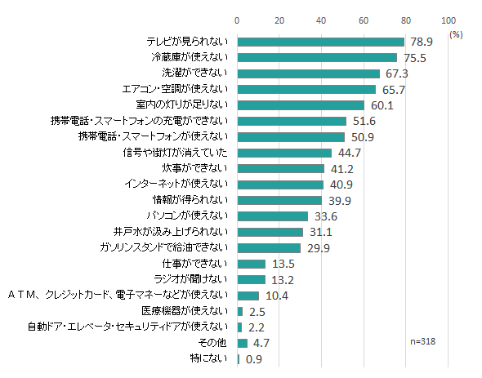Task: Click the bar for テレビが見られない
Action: point(320,42)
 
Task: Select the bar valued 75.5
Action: point(317,57)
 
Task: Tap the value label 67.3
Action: point(396,73)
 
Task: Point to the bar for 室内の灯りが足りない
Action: point(301,105)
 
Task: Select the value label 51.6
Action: point(364,121)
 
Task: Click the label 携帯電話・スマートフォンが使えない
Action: point(156,136)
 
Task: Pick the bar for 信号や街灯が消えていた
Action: point(284,153)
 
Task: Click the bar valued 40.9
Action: point(280,185)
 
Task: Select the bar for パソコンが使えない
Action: point(272,216)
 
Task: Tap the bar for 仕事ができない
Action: point(251,264)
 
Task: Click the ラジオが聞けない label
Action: point(197,279)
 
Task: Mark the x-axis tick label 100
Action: point(448,20)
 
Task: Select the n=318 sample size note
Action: point(422,341)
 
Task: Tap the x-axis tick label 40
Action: point(321,20)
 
